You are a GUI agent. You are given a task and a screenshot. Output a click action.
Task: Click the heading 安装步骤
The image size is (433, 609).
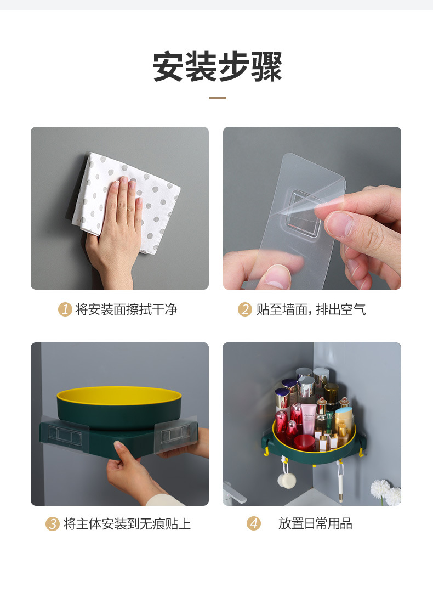pyautogui.click(x=217, y=67)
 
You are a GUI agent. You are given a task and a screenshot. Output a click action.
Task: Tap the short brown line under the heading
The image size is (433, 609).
pyautogui.click(x=218, y=98)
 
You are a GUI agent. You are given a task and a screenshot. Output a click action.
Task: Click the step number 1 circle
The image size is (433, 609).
pyautogui.click(x=65, y=309)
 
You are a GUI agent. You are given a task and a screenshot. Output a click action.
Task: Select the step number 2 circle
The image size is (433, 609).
pyautogui.click(x=244, y=309)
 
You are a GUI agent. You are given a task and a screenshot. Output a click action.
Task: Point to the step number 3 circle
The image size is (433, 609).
pyautogui.click(x=52, y=524)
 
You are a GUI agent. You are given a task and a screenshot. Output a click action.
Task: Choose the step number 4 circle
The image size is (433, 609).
pyautogui.click(x=253, y=524)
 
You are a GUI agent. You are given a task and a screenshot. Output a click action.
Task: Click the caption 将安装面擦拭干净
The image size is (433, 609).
pyautogui.click(x=126, y=309)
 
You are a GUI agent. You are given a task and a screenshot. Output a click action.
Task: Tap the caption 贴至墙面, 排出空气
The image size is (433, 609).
pyautogui.click(x=311, y=309)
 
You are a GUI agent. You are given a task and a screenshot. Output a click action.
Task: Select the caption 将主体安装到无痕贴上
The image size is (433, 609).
pyautogui.click(x=127, y=524)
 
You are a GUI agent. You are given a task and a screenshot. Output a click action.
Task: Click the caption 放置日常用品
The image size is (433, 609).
pyautogui.click(x=315, y=524)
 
